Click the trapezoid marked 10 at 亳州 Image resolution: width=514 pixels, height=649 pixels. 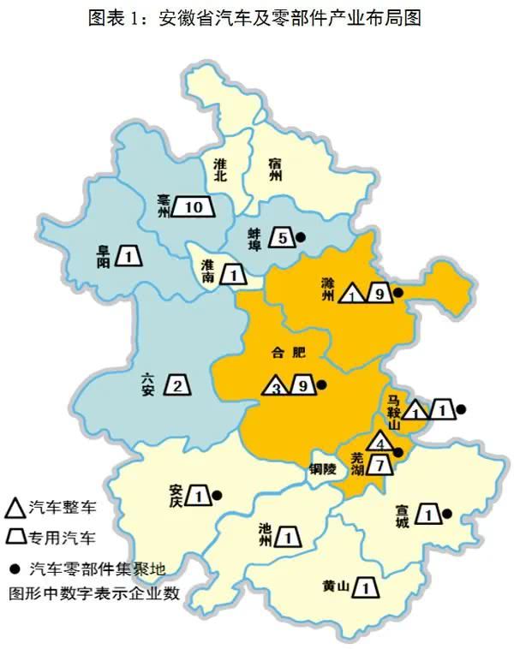[192, 206]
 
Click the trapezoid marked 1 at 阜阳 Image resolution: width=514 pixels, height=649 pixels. [128, 255]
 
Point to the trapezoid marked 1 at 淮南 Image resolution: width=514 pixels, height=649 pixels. [232, 275]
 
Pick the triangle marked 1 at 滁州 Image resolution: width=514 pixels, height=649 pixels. [352, 295]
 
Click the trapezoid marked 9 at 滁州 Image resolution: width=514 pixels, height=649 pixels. [378, 294]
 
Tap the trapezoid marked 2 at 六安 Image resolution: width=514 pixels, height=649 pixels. [177, 386]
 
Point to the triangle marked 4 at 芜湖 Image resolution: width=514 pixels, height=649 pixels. [380, 443]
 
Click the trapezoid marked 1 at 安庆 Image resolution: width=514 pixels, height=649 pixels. [198, 496]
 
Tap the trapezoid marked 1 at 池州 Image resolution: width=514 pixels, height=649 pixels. [289, 538]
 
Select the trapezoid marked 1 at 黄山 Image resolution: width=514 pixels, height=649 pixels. [366, 587]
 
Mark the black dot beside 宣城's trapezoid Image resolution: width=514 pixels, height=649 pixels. [446, 514]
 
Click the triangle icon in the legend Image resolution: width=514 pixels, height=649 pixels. [15, 508]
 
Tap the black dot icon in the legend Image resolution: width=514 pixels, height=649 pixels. [15, 567]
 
